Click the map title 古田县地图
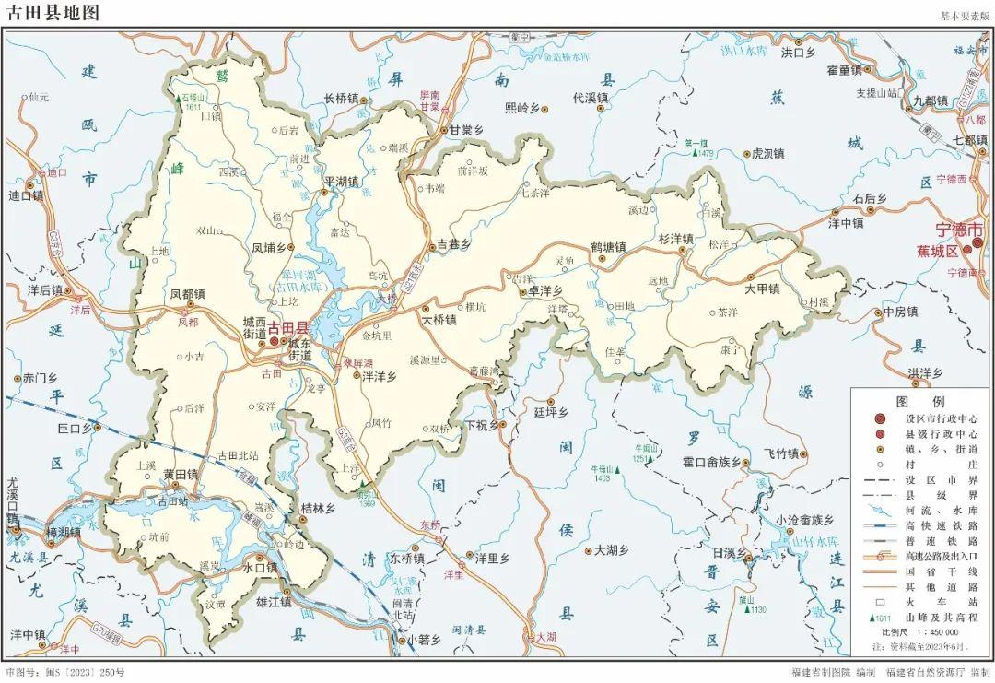pos(52,14)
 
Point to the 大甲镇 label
pos(763,289)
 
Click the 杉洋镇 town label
pos(675,238)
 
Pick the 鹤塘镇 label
pos(608,247)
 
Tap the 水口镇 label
pos(260,569)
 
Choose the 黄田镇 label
pos(181,474)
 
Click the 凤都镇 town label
pos(188,295)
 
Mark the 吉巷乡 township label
pos(453,245)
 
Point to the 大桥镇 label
pos(439,320)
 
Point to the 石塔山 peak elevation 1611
pos(193,107)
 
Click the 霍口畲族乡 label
pos(711,462)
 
